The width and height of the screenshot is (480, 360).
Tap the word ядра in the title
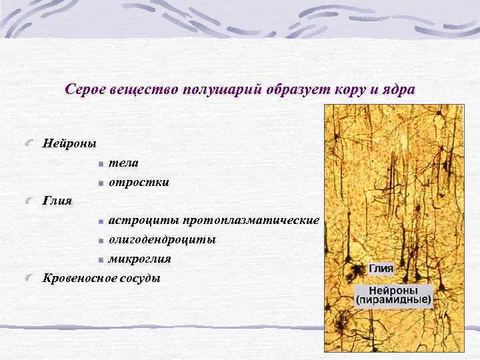(x=398, y=89)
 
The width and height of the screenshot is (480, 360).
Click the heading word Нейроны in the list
(x=69, y=143)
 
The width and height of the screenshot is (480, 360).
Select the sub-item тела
(x=124, y=163)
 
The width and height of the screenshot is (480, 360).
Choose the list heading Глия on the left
(x=57, y=200)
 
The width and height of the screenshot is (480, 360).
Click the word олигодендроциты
(x=162, y=239)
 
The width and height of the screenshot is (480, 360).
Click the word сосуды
(x=143, y=277)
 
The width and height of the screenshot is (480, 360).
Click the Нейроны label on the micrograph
(x=393, y=291)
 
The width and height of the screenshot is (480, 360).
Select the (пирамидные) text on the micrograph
(x=393, y=301)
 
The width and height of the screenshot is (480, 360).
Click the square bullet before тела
(x=99, y=163)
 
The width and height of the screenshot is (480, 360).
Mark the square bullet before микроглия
(x=99, y=259)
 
